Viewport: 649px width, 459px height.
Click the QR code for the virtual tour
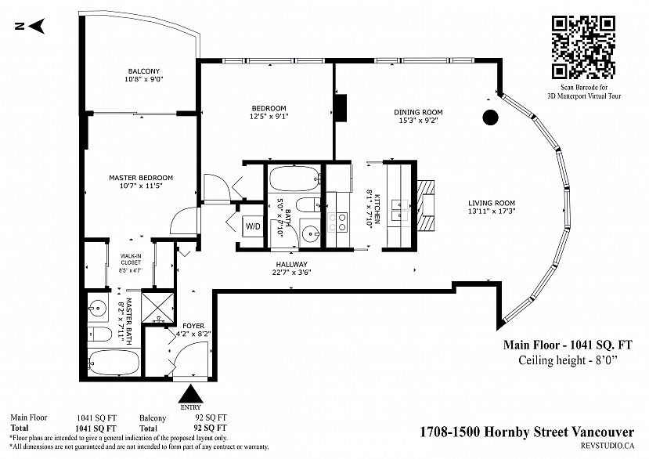[582, 47]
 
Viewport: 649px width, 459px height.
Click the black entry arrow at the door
[190, 393]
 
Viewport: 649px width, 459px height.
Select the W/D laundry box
[253, 226]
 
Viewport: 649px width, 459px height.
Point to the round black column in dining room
[491, 117]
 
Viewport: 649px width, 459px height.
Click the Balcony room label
[143, 71]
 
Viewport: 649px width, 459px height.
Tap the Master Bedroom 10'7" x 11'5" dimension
[141, 186]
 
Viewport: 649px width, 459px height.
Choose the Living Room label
[492, 203]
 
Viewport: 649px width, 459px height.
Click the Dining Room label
[418, 112]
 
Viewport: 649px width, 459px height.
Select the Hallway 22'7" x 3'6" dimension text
[292, 273]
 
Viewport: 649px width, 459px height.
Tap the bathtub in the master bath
[113, 363]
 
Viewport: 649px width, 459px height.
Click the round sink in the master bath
[98, 308]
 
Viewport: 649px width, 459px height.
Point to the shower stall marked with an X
[157, 307]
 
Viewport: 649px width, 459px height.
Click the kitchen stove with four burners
[337, 222]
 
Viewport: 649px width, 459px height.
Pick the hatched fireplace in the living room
[425, 205]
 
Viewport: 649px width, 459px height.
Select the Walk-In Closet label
[131, 259]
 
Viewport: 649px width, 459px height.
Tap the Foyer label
[193, 326]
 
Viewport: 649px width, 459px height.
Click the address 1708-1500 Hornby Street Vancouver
[527, 432]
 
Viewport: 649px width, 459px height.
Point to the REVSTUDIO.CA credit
[608, 446]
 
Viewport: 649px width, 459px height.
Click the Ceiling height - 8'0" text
[568, 360]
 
